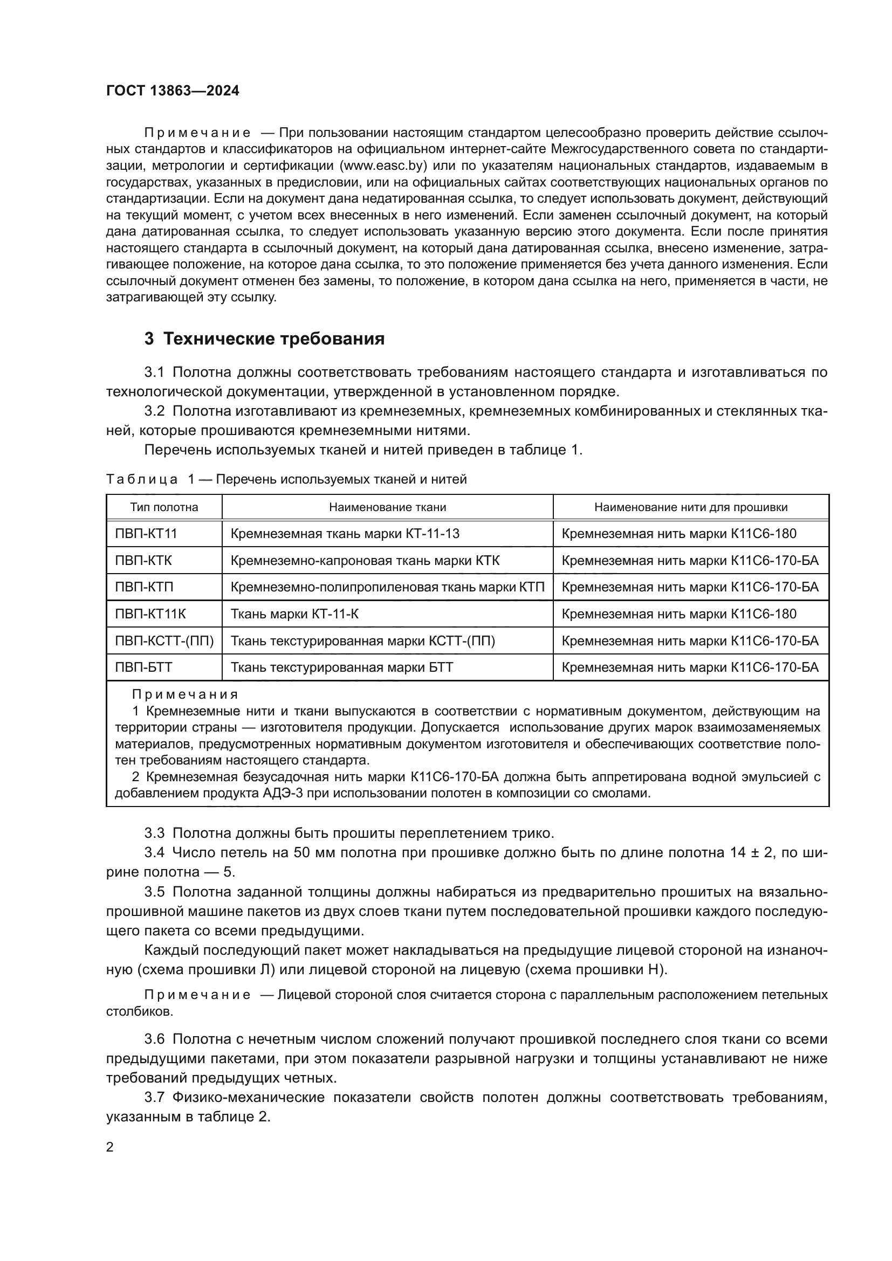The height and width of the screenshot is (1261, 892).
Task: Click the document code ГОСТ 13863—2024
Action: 173,91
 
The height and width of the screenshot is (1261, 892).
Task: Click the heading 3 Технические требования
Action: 264,339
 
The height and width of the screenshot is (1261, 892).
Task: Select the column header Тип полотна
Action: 164,507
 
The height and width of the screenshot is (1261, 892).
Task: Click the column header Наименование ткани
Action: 387,507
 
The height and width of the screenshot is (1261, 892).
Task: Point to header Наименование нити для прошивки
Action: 690,507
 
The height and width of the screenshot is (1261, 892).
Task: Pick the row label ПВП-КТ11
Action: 146,533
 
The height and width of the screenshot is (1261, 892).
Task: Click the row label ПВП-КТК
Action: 143,560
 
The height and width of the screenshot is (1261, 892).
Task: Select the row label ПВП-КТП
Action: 144,587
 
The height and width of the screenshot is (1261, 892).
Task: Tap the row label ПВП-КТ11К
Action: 150,614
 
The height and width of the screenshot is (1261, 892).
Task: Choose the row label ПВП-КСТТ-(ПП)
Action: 164,641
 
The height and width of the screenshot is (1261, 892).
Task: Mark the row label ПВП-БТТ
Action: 143,667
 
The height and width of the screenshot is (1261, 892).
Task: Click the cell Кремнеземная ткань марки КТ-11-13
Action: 345,533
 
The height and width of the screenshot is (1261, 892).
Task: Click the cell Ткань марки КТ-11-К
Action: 294,614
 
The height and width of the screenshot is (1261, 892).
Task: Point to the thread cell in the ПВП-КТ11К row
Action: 679,614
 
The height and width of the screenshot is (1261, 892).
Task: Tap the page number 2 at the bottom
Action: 110,1147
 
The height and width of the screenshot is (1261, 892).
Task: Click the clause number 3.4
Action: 154,853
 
